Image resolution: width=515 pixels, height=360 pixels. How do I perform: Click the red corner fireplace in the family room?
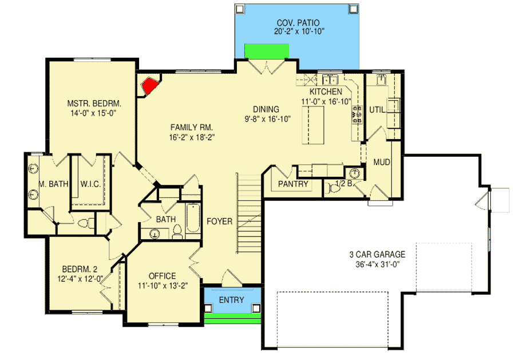pyautogui.click(x=150, y=86)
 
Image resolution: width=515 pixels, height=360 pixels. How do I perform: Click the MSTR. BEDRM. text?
pyautogui.click(x=94, y=104)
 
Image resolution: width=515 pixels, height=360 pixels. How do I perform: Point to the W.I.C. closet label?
pyautogui.click(x=91, y=184)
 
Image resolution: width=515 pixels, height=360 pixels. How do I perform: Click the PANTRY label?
pyautogui.click(x=294, y=184)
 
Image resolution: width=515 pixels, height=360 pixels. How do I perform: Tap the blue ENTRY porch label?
pyautogui.click(x=231, y=300)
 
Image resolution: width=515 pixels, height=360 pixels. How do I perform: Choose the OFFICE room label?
pyautogui.click(x=162, y=276)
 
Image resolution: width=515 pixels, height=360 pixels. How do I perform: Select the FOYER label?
pyautogui.click(x=219, y=221)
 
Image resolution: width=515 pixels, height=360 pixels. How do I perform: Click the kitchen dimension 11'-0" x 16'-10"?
pyautogui.click(x=326, y=101)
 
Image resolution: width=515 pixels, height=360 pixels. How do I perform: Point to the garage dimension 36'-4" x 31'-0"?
pyautogui.click(x=379, y=264)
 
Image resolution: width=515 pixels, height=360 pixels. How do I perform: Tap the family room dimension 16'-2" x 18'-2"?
pyautogui.click(x=187, y=137)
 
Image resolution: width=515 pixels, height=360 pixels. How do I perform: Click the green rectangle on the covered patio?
pyautogui.click(x=266, y=51)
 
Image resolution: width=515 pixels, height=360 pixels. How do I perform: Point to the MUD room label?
pyautogui.click(x=381, y=163)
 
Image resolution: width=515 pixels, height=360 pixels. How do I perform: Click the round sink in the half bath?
pyautogui.click(x=354, y=173)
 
